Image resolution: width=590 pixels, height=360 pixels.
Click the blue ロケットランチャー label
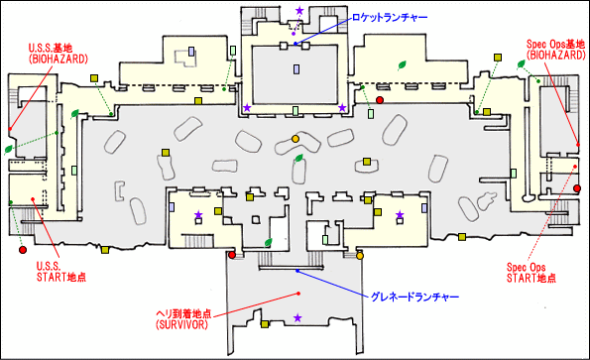click(x=389, y=18)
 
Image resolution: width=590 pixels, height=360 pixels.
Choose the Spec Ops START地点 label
click(x=532, y=272)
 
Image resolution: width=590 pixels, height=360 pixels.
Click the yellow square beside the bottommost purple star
click(x=265, y=323)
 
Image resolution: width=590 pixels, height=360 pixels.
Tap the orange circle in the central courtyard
click(x=295, y=137)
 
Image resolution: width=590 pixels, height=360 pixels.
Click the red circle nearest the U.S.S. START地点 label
click(x=232, y=256)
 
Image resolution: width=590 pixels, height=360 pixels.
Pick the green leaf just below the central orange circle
click(x=299, y=156)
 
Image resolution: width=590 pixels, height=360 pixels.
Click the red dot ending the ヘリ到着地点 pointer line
click(x=297, y=295)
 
